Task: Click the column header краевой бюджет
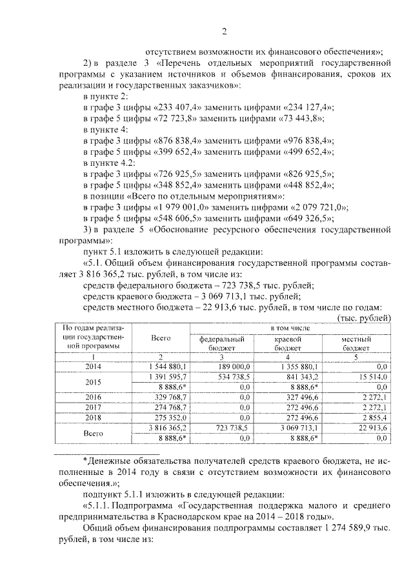[288, 343]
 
